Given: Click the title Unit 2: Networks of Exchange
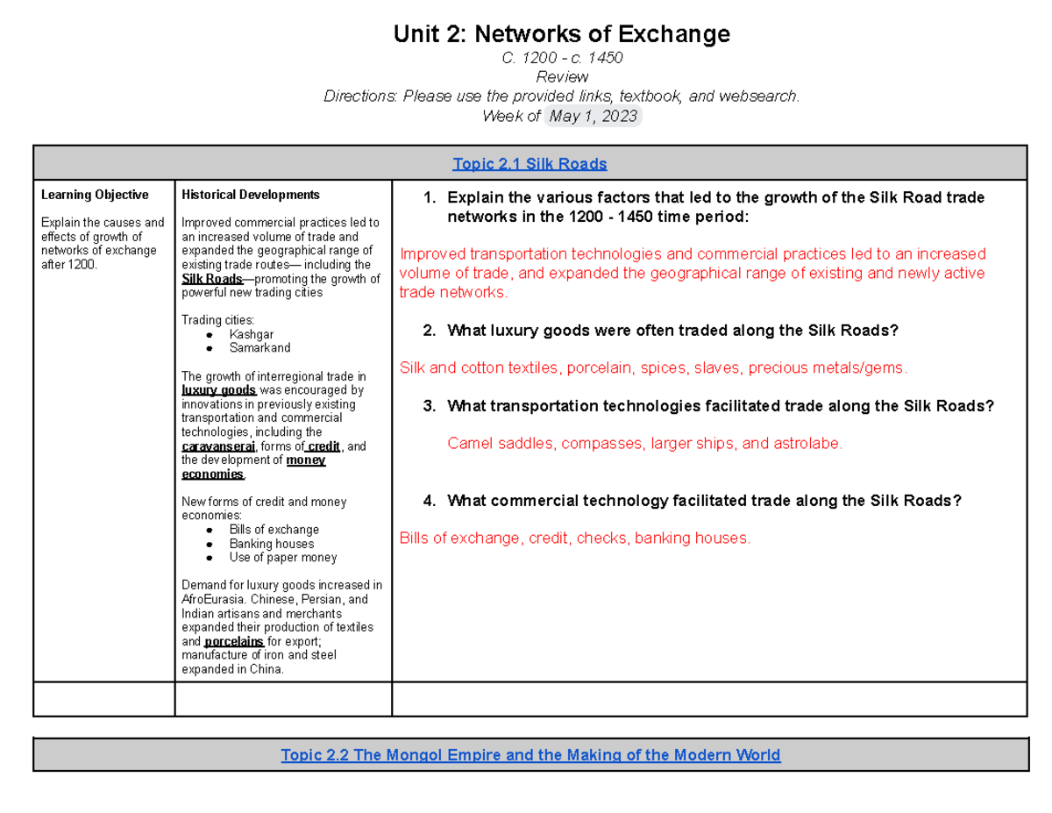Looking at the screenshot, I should pyautogui.click(x=561, y=34).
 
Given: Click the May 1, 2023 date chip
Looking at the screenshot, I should pyautogui.click(x=594, y=116).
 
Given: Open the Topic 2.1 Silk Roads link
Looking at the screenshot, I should pyautogui.click(x=530, y=163).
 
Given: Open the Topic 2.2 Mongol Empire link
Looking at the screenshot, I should pyautogui.click(x=530, y=754).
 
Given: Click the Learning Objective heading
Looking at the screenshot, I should pyautogui.click(x=95, y=195).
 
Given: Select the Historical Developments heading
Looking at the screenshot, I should pyautogui.click(x=250, y=195).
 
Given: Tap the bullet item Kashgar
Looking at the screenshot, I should pyautogui.click(x=251, y=334).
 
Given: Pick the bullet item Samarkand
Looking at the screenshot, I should pyautogui.click(x=259, y=348).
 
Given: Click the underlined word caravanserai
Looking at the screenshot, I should pyautogui.click(x=218, y=446).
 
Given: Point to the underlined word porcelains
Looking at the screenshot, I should pyautogui.click(x=234, y=641).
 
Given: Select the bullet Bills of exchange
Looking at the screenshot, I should pyautogui.click(x=274, y=530).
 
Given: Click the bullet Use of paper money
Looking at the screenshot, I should pyautogui.click(x=282, y=558).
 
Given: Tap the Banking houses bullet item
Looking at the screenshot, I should pyautogui.click(x=271, y=544).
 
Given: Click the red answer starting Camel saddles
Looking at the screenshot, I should pyautogui.click(x=644, y=444).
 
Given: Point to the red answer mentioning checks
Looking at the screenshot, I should pyautogui.click(x=575, y=538).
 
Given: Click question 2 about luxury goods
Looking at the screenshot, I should pyautogui.click(x=672, y=331).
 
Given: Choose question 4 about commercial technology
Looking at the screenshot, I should pyautogui.click(x=703, y=500).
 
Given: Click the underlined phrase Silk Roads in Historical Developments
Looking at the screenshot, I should pyautogui.click(x=211, y=279).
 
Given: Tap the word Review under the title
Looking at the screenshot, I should pyautogui.click(x=561, y=77).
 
